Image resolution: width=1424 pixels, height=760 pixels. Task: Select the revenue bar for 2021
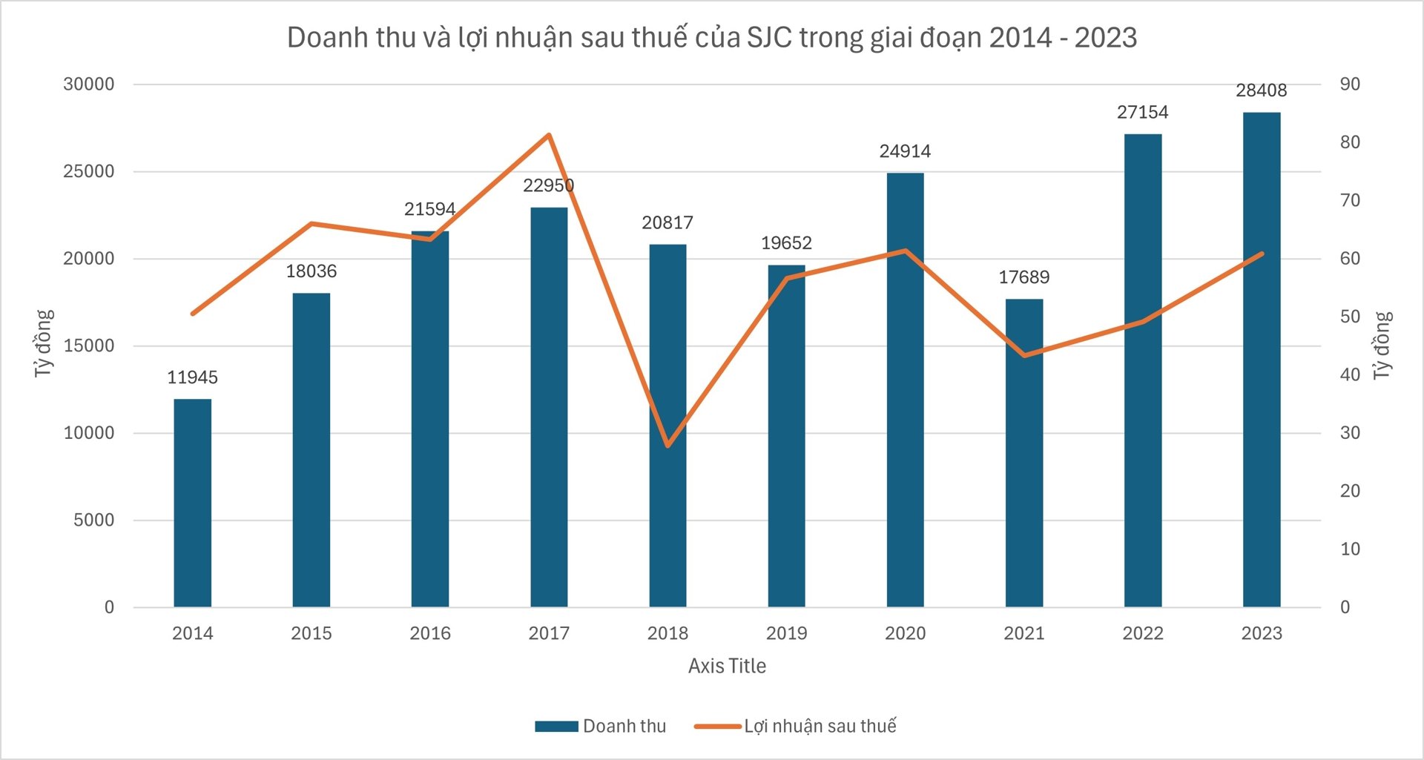pos(1024,452)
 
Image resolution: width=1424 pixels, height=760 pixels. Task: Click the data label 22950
pos(548,185)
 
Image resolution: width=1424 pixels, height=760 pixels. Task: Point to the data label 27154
pos(1142,112)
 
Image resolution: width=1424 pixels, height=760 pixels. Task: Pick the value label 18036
pos(311,271)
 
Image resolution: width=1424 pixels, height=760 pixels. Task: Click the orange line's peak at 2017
pos(549,135)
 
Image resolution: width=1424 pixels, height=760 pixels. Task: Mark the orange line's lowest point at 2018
pos(667,446)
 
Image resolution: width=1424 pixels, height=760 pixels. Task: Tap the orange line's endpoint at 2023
pos(1262,254)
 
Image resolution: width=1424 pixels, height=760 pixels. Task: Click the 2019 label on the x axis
pos(786,633)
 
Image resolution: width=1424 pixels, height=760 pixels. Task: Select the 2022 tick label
pos(1142,633)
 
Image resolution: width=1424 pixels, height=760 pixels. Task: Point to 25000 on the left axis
pos(89,171)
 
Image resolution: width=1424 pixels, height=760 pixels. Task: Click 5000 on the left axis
pos(93,520)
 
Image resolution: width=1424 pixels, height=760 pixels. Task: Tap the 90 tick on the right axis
pos(1350,85)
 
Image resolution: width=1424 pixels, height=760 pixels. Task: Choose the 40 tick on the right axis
pos(1350,374)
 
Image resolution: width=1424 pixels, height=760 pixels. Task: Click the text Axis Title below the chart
pos(727,666)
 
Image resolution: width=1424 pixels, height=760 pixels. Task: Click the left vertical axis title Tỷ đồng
pos(44,343)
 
